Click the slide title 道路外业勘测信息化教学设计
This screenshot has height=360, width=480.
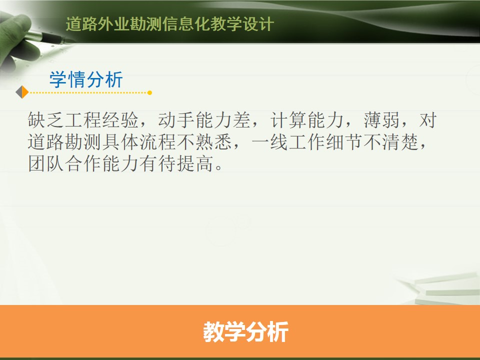click(x=170, y=24)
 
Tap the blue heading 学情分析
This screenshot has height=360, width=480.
click(x=86, y=79)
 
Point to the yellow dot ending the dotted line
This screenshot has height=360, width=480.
click(x=149, y=93)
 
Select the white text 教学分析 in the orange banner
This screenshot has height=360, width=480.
click(x=246, y=332)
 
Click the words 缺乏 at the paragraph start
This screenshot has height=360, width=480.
click(x=46, y=119)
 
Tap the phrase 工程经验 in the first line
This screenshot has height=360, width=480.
click(x=102, y=119)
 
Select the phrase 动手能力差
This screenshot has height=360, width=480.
click(x=204, y=119)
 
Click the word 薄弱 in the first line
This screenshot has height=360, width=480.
click(x=381, y=119)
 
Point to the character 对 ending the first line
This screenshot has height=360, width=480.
click(x=427, y=119)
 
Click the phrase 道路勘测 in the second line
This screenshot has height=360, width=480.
click(x=64, y=142)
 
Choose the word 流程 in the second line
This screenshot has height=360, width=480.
click(x=157, y=142)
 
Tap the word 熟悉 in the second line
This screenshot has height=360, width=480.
click(x=213, y=142)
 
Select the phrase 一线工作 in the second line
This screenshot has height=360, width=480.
click(x=288, y=142)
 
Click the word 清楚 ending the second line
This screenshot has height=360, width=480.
click(x=400, y=142)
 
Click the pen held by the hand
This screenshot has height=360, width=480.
click(x=49, y=37)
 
